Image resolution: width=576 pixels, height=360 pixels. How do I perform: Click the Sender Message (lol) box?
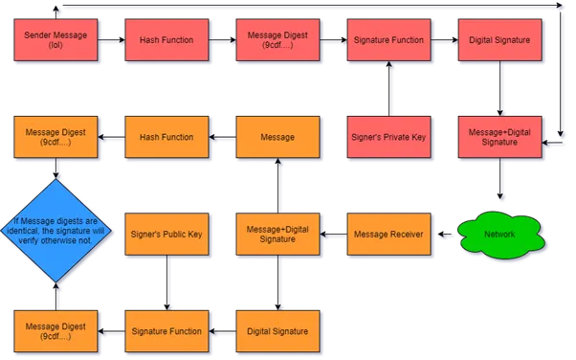55,40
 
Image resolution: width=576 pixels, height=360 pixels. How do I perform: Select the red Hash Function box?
166,40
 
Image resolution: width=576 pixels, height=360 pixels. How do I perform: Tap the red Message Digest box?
277,40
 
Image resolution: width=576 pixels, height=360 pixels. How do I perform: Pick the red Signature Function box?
388,40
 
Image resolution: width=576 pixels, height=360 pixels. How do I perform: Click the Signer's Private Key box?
388,137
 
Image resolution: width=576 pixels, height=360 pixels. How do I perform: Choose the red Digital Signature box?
499,40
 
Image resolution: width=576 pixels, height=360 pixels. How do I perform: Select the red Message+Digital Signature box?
499,137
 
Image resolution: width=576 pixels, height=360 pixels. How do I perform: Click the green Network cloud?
500,235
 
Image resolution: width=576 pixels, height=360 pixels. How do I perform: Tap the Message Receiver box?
388,235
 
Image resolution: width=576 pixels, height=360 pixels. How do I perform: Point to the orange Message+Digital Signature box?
277,235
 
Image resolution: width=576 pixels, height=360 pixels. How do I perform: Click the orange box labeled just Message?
277,137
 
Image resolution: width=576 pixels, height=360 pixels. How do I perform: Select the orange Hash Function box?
166,137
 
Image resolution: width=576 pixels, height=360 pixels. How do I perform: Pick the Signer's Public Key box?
166,235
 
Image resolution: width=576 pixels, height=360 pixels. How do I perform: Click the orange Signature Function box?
166,331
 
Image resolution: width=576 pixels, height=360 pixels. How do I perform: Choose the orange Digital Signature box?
277,331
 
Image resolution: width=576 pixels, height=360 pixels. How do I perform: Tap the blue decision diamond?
55,231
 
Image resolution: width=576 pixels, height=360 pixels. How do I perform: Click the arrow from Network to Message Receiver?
445,235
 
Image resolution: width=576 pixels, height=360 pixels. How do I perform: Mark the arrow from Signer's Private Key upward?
388,89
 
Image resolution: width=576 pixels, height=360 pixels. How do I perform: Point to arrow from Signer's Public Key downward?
166,282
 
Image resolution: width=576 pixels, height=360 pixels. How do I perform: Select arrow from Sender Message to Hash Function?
111,40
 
